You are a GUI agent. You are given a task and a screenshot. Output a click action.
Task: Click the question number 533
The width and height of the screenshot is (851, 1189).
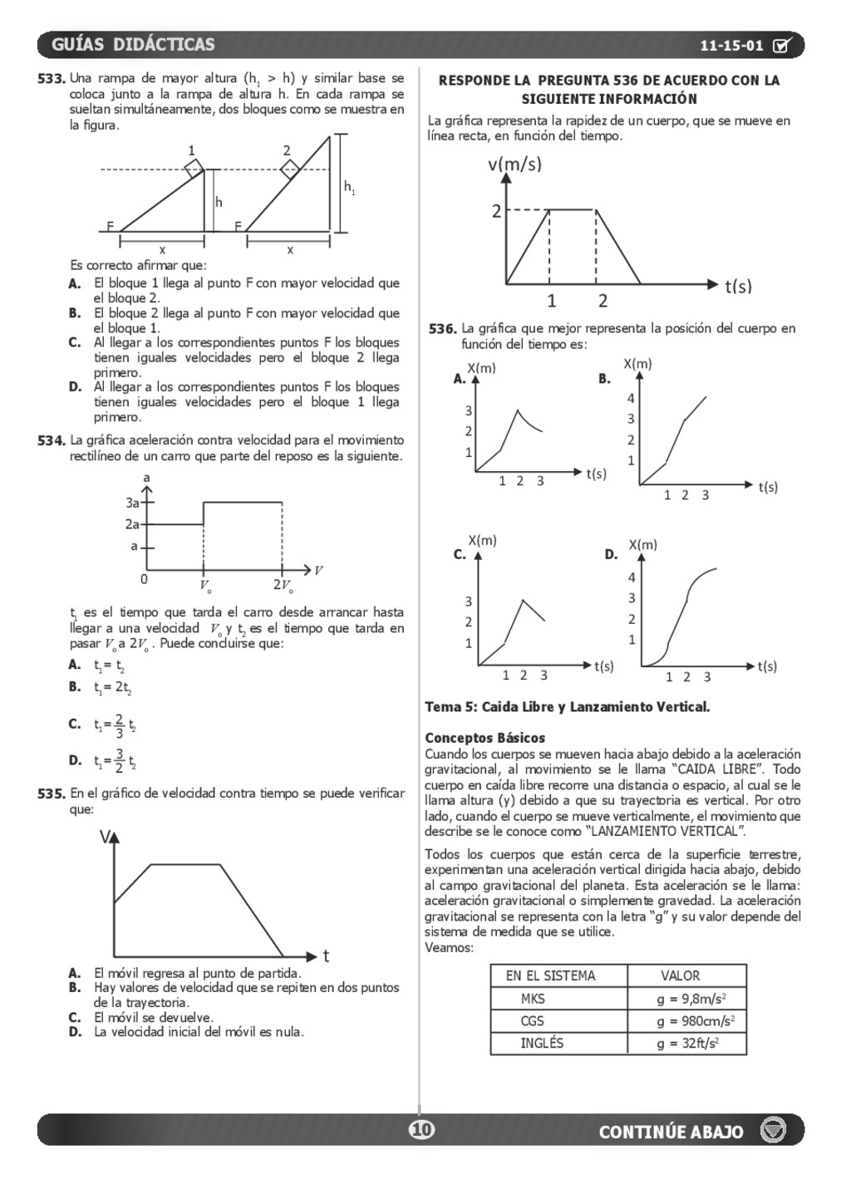coord(52,79)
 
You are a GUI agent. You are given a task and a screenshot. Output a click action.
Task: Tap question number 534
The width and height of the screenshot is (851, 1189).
coord(52,440)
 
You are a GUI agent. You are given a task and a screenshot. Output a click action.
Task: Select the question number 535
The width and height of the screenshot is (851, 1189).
coord(52,793)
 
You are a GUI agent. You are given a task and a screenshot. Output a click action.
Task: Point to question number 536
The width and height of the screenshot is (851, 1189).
coord(442,329)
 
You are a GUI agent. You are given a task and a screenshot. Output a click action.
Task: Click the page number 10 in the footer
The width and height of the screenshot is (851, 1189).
coord(421,1129)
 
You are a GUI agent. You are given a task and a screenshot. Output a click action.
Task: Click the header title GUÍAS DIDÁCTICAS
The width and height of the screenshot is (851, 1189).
coord(133,45)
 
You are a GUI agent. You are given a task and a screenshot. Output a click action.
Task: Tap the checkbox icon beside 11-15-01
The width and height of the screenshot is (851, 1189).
coord(782,46)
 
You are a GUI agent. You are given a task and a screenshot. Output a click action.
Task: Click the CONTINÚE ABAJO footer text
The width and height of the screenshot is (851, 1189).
coord(671,1132)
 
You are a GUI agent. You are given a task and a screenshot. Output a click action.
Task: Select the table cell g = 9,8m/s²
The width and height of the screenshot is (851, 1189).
coord(686,999)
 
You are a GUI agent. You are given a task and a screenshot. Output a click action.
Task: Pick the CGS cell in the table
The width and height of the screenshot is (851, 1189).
coord(533,1021)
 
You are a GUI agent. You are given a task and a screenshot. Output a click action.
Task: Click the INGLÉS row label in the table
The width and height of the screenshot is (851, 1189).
coord(542,1043)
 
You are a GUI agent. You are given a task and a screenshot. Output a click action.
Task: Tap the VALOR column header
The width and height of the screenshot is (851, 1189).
coord(680,975)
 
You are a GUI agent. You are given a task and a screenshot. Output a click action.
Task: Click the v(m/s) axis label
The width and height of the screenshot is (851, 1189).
coord(514,165)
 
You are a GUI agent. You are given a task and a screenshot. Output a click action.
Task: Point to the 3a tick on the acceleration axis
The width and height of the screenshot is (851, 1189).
coord(133,503)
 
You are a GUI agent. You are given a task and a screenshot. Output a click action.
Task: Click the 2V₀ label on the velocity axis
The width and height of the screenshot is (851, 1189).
coord(283,585)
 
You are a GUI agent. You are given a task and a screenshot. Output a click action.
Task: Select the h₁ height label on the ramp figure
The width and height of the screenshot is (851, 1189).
coord(350,188)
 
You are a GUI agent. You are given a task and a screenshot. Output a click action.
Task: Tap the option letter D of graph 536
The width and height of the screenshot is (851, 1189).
coord(611,554)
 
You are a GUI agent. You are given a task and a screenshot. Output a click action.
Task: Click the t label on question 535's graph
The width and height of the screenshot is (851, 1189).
coord(326,956)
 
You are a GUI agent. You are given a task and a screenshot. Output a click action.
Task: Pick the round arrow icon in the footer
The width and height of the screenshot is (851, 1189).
coord(774,1130)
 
